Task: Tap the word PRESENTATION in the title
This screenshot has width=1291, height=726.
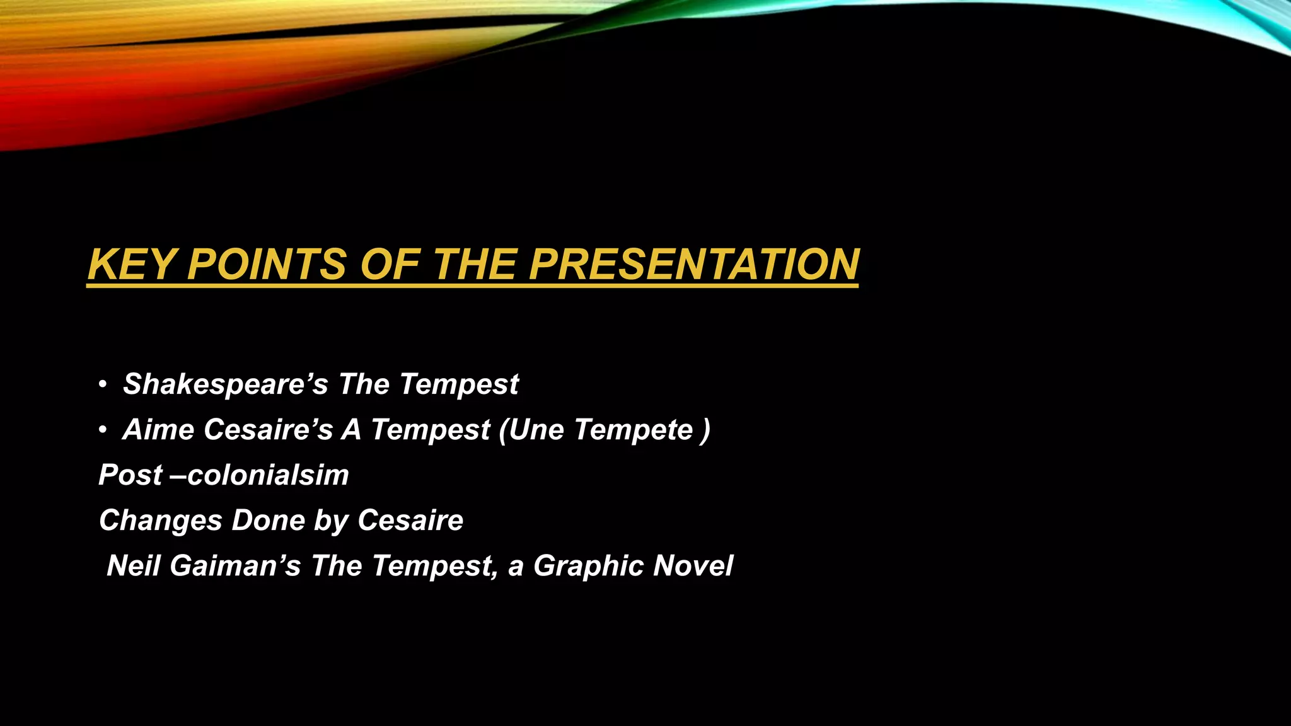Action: [x=694, y=265]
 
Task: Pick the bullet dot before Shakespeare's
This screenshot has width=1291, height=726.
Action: [x=102, y=385]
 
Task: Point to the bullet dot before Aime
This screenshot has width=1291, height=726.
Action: [x=102, y=430]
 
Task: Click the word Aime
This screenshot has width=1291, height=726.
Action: [x=158, y=430]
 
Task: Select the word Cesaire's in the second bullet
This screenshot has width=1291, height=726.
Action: [x=268, y=430]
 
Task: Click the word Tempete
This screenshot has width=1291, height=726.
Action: [x=633, y=430]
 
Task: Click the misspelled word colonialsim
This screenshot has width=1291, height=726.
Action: [x=269, y=475]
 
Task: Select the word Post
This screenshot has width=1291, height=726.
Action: [x=130, y=475]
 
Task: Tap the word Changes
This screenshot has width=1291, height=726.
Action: [x=161, y=521]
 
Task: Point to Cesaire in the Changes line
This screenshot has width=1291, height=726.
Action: [x=410, y=521]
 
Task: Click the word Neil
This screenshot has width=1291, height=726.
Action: [x=133, y=566]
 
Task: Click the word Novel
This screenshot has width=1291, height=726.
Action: [x=693, y=566]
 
